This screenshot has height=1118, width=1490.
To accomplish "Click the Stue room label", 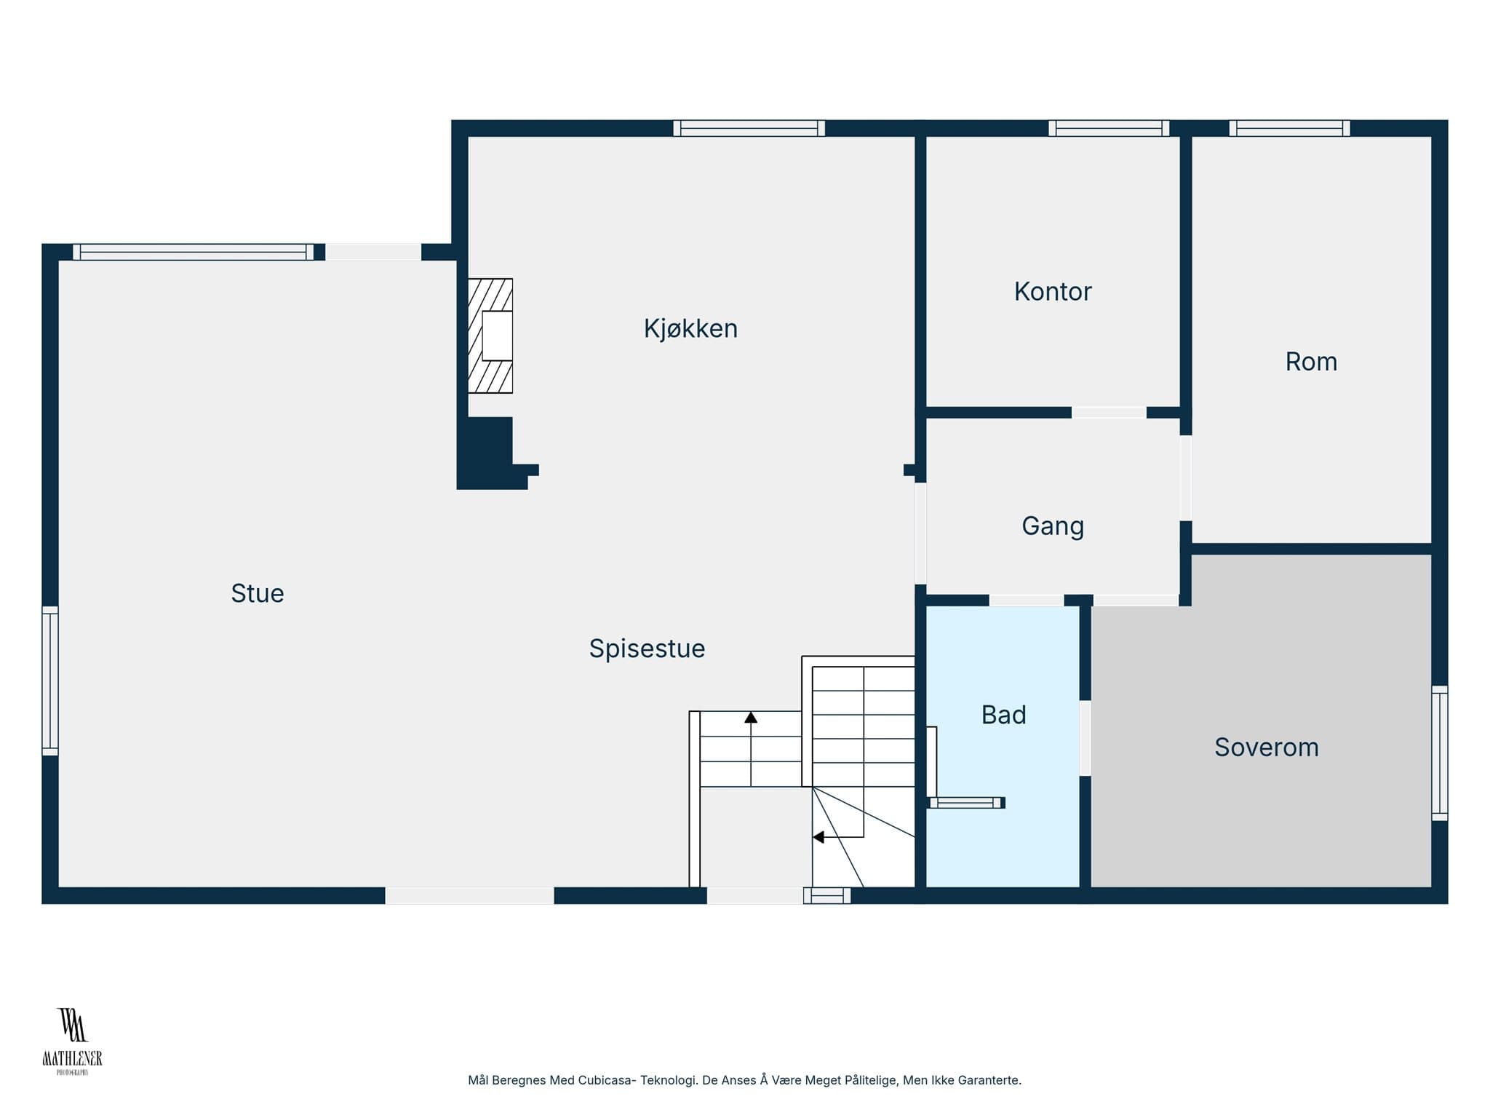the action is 258,593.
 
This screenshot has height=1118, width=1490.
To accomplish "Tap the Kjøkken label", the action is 690,329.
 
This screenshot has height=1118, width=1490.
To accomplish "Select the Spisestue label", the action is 647,649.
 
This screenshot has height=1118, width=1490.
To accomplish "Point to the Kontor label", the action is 1053,291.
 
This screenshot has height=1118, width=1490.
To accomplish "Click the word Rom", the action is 1311,362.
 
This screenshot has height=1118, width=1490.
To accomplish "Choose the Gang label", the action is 1053,526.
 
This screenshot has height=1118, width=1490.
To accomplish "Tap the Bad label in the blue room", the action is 1003,715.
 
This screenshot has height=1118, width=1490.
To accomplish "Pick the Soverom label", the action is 1267,748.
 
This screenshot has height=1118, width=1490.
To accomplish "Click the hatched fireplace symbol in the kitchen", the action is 490,336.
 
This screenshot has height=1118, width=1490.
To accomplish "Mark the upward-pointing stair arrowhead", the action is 751,718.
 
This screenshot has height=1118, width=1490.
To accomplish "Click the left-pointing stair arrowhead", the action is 818,837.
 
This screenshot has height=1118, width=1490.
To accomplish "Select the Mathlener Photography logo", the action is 72,1042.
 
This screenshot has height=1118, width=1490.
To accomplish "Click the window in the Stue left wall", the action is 50,681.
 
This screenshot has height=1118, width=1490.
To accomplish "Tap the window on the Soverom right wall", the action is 1440,753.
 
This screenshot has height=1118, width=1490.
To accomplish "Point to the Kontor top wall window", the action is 1109,128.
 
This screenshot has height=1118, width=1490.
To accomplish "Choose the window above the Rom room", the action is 1289,128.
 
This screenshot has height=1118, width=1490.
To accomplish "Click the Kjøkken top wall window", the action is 749,128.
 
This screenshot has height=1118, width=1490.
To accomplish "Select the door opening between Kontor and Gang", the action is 1109,413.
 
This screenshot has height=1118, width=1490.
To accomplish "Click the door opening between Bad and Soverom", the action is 1085,738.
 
